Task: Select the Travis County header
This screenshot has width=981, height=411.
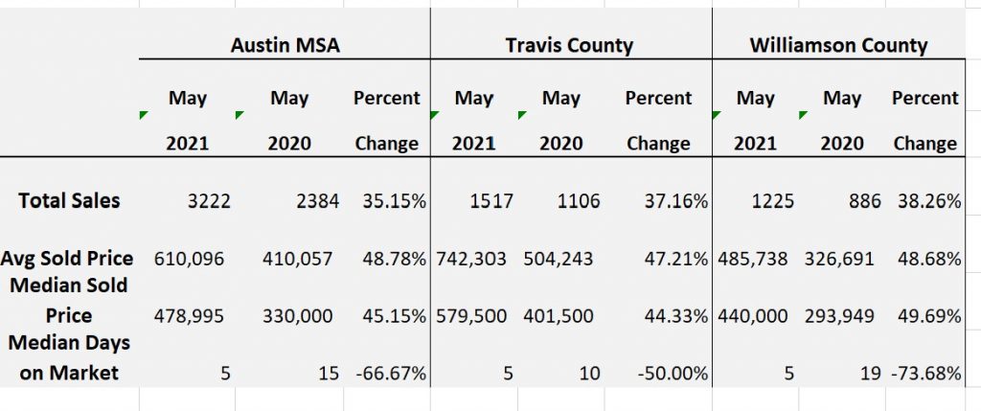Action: (570, 45)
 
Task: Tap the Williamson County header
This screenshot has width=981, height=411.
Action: (838, 45)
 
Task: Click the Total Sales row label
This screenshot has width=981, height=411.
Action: (69, 200)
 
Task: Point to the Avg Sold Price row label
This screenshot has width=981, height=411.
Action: (67, 258)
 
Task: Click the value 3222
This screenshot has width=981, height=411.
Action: (204, 201)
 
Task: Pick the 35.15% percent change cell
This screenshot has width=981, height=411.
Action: (394, 201)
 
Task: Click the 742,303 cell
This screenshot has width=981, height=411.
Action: (470, 259)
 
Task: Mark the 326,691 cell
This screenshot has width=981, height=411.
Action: (841, 259)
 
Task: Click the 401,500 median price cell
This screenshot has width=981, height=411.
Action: (559, 316)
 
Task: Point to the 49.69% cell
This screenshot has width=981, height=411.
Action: (925, 316)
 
